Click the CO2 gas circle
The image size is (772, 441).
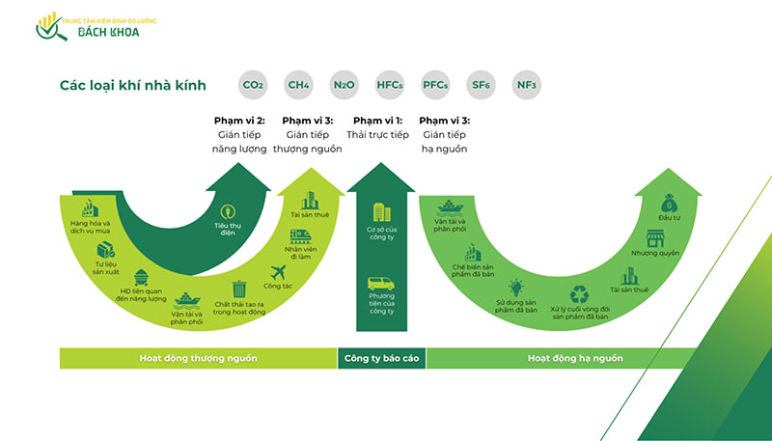[x=253, y=86]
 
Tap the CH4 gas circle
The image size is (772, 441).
[x=298, y=86]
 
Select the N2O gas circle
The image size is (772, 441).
[x=344, y=86]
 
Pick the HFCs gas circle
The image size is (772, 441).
[x=390, y=86]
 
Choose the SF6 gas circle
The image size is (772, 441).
[x=481, y=86]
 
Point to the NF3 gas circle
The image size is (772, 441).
[x=526, y=86]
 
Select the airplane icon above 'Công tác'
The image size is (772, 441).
[x=279, y=271]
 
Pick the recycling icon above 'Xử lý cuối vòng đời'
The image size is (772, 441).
[x=579, y=294]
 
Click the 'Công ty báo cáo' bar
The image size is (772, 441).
[x=381, y=358]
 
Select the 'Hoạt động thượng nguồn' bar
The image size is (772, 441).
[x=198, y=358]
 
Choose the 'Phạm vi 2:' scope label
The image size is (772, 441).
[x=238, y=121]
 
